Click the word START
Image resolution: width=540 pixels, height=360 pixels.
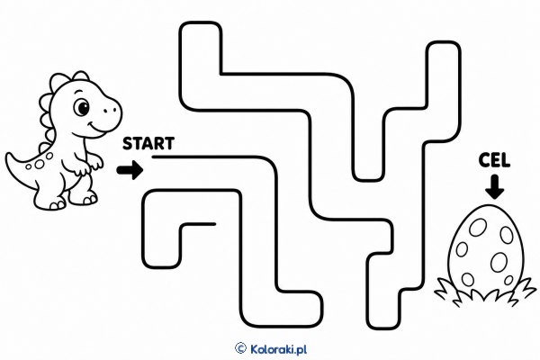(x=148, y=143)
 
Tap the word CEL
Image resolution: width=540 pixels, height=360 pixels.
(x=494, y=160)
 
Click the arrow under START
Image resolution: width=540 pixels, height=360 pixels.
(x=130, y=170)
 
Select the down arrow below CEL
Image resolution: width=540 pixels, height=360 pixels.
(x=494, y=186)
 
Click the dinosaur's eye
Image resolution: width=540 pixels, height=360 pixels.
(x=83, y=107)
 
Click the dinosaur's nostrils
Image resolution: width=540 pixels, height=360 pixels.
(x=110, y=110)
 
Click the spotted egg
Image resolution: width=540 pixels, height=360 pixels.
(x=486, y=248)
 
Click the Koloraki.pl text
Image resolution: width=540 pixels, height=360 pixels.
(x=278, y=349)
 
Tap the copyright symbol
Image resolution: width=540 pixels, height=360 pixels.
(x=240, y=348)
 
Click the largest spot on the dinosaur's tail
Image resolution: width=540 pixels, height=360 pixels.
(x=40, y=165)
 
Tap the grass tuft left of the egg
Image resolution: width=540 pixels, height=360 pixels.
(x=447, y=290)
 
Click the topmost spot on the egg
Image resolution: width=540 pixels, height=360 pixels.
(x=478, y=228)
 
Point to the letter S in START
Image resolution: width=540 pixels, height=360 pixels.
(x=128, y=143)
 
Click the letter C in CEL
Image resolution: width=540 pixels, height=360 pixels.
(x=484, y=160)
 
